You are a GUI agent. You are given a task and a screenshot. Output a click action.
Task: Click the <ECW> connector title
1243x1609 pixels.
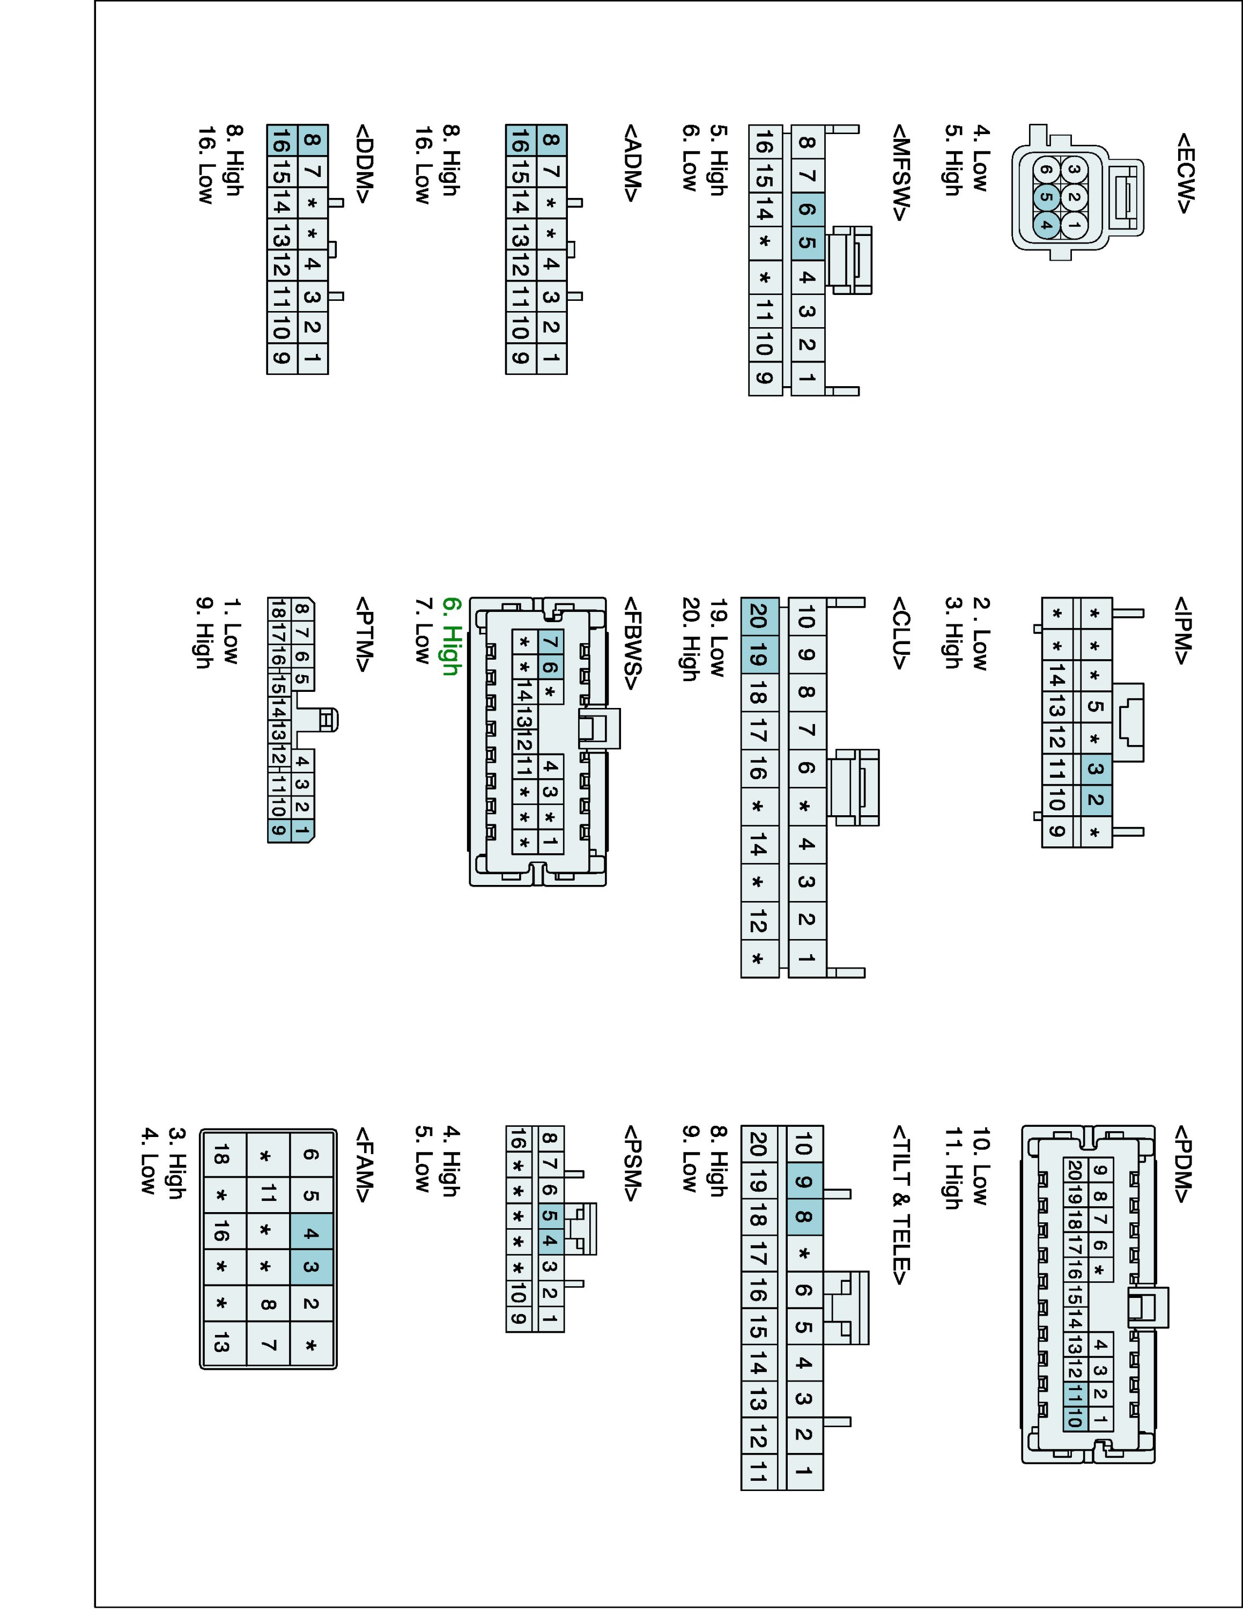point(1184,173)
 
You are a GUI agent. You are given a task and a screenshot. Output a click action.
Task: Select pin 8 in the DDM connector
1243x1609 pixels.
point(312,140)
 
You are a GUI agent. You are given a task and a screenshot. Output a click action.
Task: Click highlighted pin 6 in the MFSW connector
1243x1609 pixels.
point(807,209)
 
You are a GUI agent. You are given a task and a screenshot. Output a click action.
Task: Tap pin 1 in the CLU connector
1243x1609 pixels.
point(807,958)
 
